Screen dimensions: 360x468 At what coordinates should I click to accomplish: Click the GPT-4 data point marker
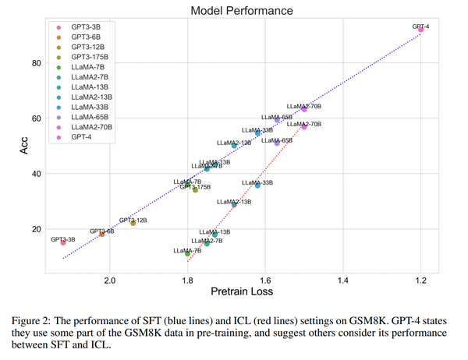tap(421, 30)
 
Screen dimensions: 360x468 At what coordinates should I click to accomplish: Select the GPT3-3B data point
tap(63, 242)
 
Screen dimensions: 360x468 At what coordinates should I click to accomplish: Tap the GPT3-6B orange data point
tap(101, 234)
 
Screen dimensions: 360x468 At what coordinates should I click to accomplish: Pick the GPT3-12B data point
tap(133, 223)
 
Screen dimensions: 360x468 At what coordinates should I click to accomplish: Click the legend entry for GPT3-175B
tap(90, 57)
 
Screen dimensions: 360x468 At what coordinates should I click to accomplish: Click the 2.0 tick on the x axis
tap(110, 280)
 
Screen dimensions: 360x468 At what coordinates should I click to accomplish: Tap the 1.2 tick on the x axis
tap(421, 280)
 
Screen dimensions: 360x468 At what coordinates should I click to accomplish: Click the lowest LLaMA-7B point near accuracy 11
tap(188, 253)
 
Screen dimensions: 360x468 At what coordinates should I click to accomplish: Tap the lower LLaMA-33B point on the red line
tap(257, 185)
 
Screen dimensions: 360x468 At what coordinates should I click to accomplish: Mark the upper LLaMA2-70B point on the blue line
tap(304, 109)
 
